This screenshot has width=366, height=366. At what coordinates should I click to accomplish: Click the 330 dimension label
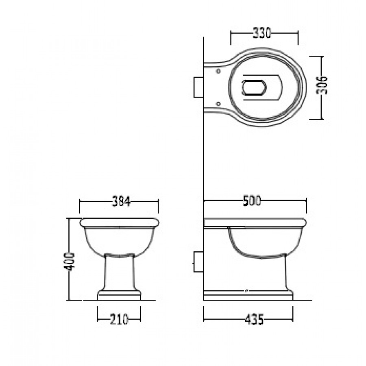tap(262, 33)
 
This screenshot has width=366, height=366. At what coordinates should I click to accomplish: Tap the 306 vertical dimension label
tap(322, 85)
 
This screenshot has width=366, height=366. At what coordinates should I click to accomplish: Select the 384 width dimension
tap(121, 201)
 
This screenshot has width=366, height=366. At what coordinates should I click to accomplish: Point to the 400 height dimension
tap(69, 261)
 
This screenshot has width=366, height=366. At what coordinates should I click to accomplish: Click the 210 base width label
tap(119, 319)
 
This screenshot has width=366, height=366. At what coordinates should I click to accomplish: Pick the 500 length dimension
tap(252, 201)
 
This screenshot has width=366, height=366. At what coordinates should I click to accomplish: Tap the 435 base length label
tap(254, 319)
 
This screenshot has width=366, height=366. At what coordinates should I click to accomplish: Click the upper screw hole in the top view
tap(218, 71)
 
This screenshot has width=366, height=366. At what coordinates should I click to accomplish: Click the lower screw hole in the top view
tap(218, 104)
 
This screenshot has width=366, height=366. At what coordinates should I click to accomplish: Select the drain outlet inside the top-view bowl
tap(254, 87)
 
